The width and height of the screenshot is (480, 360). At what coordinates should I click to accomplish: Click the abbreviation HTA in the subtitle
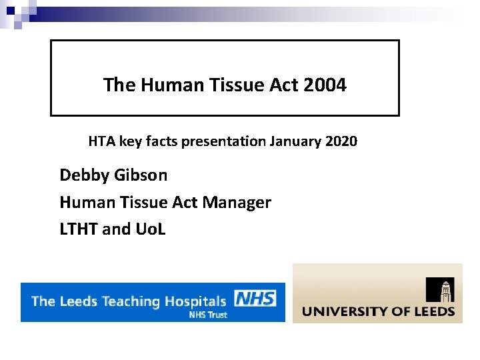click(x=101, y=141)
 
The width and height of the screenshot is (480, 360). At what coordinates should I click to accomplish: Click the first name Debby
click(x=84, y=175)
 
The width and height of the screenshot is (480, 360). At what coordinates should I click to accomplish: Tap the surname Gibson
click(x=141, y=175)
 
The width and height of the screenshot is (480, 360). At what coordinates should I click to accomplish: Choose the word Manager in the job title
click(x=240, y=202)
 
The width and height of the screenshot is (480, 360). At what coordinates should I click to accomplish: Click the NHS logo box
click(x=255, y=298)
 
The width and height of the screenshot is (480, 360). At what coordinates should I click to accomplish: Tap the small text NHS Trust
click(x=208, y=315)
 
